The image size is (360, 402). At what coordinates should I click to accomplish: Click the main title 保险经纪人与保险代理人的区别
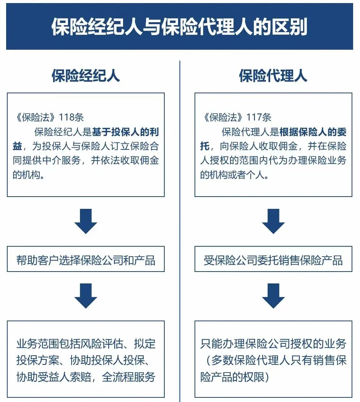tap(179, 27)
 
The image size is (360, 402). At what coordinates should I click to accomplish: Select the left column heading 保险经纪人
tap(86, 76)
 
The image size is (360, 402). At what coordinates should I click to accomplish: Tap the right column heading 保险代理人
tap(273, 76)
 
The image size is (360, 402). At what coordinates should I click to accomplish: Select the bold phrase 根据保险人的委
tap(313, 132)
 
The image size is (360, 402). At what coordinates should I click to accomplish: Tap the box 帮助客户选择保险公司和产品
tap(86, 261)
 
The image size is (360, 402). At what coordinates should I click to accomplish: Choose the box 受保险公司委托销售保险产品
tap(273, 261)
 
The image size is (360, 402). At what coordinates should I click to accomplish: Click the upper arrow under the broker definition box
tap(86, 221)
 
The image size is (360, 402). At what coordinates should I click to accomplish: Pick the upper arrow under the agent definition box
tap(273, 221)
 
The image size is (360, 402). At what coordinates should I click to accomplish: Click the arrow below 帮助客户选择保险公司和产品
tap(86, 296)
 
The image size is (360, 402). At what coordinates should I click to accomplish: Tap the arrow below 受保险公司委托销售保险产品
tap(273, 296)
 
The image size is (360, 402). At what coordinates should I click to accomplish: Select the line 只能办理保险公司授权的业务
tap(273, 343)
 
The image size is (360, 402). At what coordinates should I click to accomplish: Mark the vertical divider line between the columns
tap(180, 229)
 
